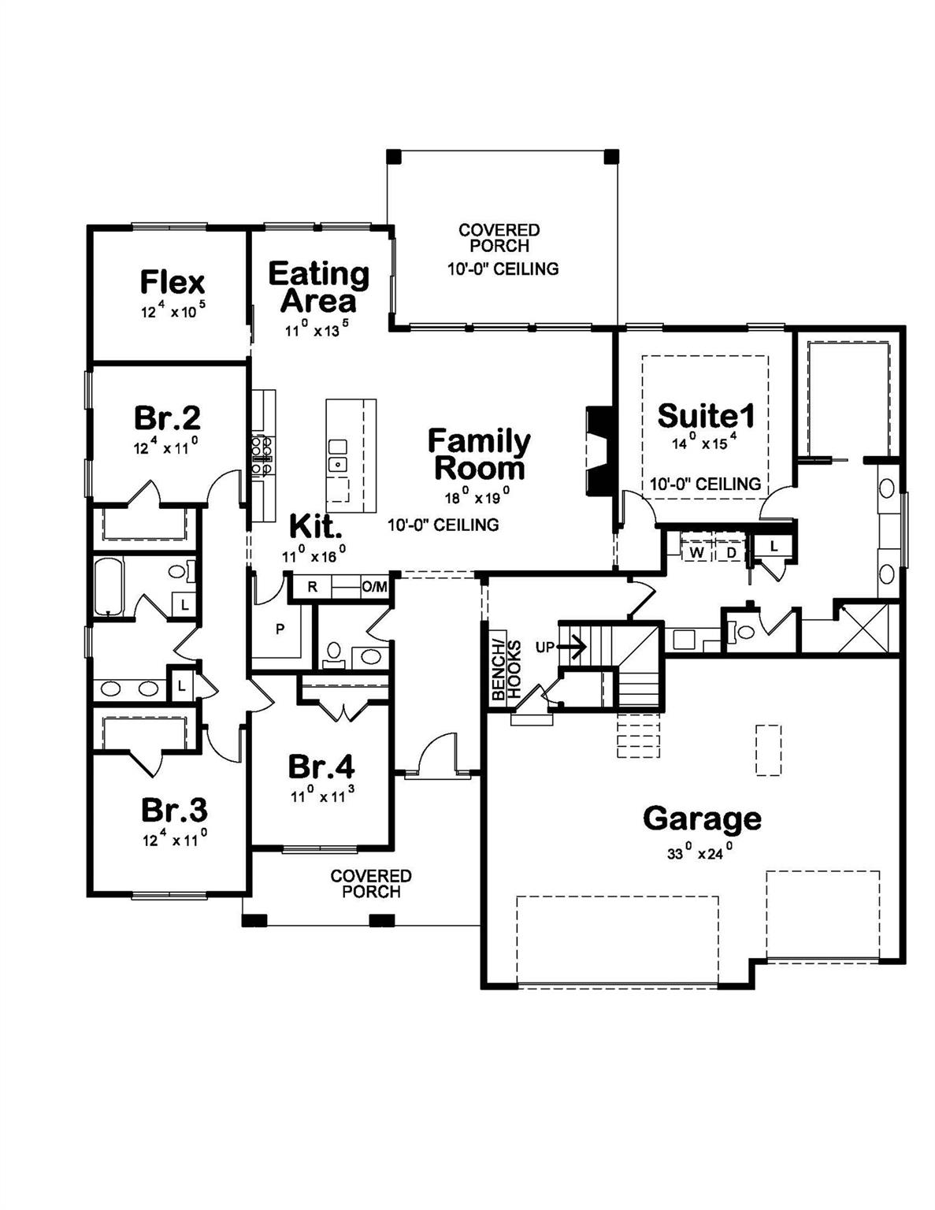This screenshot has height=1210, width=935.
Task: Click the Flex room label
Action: [x=172, y=282]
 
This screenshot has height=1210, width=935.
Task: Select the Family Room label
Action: [x=479, y=455]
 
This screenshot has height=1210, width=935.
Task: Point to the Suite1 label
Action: [x=706, y=415]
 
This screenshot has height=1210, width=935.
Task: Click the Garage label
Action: [x=702, y=818]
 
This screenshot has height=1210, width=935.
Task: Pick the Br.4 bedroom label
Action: [x=321, y=766]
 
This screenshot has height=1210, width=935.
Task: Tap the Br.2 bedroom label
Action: [x=167, y=417]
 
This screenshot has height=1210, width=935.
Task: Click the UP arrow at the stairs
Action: [x=573, y=648]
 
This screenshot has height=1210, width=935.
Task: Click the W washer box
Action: [x=696, y=552]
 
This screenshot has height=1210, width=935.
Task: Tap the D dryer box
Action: [x=731, y=552]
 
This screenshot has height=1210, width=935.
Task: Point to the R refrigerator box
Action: [x=312, y=587]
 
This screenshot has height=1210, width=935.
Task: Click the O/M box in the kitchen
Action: [x=374, y=587]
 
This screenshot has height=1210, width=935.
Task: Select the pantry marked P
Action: [x=279, y=629]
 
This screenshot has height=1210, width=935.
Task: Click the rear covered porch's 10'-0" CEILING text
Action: [x=503, y=269]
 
